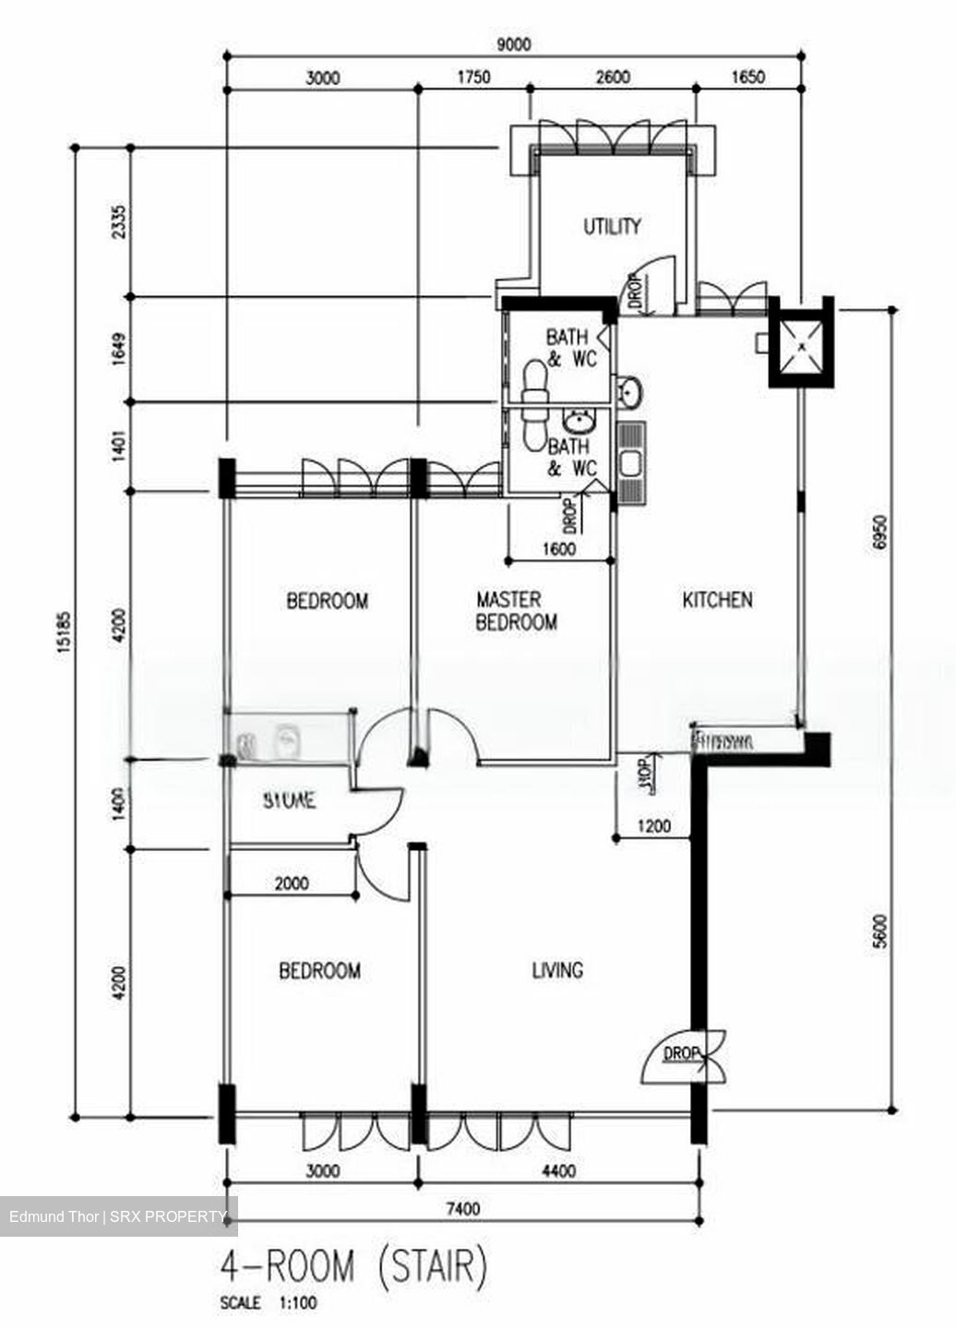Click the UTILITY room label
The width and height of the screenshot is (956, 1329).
point(612,226)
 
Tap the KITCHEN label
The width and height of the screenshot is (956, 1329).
point(717,600)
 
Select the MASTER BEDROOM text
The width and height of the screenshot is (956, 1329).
point(516,611)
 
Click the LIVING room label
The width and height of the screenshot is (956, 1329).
point(557,970)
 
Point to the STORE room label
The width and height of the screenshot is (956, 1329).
point(289,800)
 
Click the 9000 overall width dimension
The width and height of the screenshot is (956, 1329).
point(513,44)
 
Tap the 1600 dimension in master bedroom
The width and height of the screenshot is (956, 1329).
point(559,549)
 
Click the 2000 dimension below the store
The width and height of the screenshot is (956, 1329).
point(292,883)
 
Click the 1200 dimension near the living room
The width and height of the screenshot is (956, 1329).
point(654,827)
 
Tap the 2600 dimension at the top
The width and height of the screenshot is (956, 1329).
point(613,78)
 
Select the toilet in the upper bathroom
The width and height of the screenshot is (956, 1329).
point(532,380)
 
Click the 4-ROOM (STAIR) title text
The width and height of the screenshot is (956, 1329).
point(353,1267)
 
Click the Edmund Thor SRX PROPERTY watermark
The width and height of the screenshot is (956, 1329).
point(118,1216)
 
